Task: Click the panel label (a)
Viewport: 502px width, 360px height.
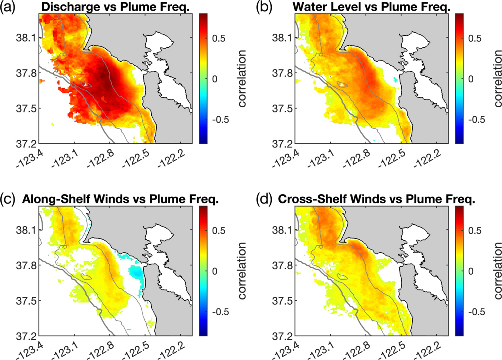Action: (x=7, y=7)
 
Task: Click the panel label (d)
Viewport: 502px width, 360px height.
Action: (x=264, y=199)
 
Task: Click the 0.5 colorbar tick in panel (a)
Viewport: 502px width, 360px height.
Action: (x=218, y=38)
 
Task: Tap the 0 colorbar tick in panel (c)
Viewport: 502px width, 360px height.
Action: (x=215, y=271)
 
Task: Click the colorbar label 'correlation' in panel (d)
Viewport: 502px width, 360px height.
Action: (x=498, y=271)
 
